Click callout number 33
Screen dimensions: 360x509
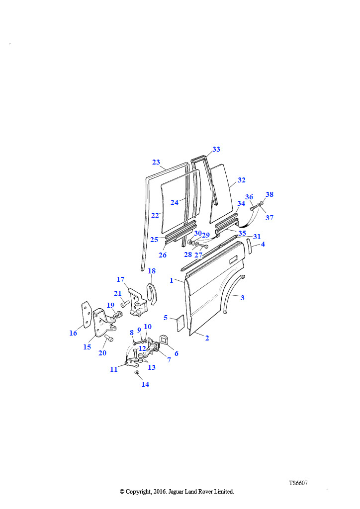click(216, 149)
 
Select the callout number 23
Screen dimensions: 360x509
click(156, 162)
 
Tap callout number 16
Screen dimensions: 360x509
click(74, 333)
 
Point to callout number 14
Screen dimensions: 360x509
click(145, 384)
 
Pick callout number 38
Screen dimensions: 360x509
click(270, 194)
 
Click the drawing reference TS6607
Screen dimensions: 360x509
click(298, 483)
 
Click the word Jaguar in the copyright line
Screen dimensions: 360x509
click(176, 492)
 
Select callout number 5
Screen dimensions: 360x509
click(166, 318)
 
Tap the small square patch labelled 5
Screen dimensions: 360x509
click(180, 323)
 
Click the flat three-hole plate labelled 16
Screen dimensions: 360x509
click(86, 315)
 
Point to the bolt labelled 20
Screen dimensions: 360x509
click(109, 338)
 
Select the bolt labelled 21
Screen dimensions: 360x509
click(125, 304)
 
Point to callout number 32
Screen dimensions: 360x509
click(242, 180)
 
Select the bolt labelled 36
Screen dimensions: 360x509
click(254, 207)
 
